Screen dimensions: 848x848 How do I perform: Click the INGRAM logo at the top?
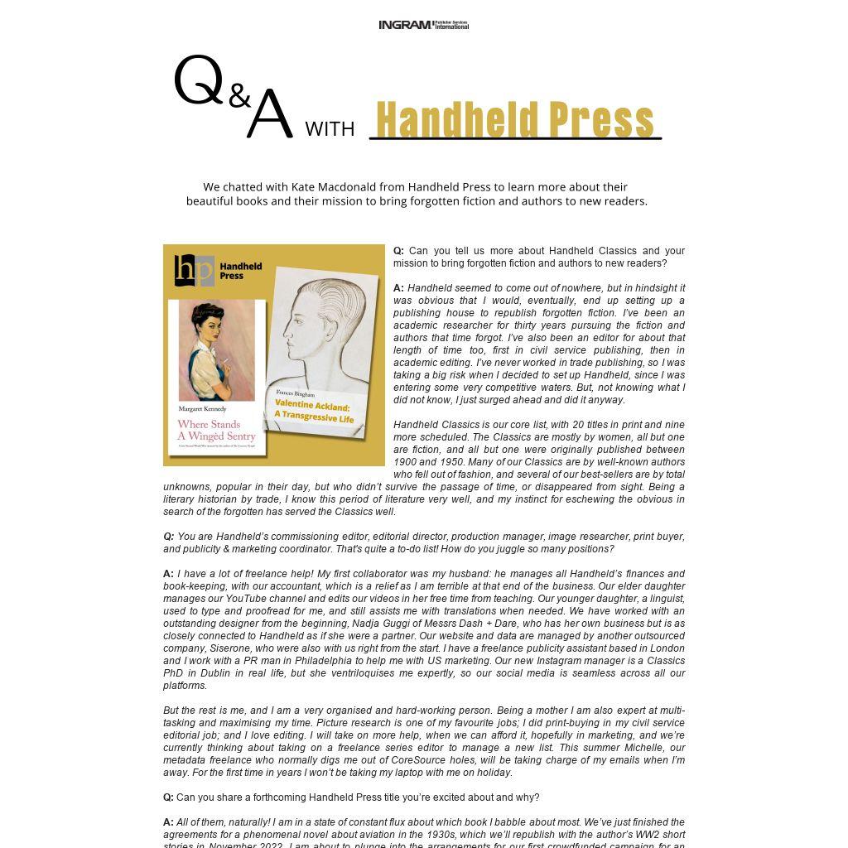(x=423, y=25)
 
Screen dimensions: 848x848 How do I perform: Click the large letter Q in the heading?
(x=199, y=81)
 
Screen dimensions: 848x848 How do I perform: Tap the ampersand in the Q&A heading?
(x=239, y=96)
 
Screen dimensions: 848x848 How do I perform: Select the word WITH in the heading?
(x=330, y=129)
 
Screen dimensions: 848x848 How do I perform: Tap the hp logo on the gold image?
(x=195, y=270)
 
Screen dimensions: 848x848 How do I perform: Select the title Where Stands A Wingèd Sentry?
(x=216, y=430)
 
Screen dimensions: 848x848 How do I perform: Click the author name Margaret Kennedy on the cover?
(x=202, y=409)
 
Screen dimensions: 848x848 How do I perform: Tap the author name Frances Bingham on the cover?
(x=296, y=393)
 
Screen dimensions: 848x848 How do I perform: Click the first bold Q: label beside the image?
(x=398, y=251)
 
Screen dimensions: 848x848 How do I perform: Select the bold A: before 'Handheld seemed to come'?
(x=398, y=288)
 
